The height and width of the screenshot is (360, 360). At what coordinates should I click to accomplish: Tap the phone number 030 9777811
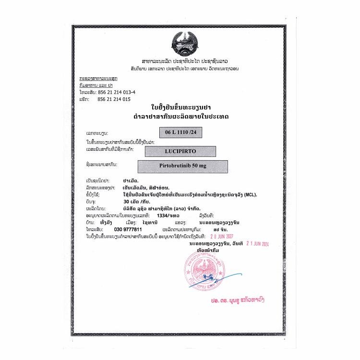[x=128, y=230]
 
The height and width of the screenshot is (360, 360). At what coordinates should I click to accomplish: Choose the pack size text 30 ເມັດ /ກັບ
[x=135, y=202]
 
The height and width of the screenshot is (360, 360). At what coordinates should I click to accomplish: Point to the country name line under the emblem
[x=184, y=62]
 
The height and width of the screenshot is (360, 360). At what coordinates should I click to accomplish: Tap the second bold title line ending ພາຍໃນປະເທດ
[x=180, y=117]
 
